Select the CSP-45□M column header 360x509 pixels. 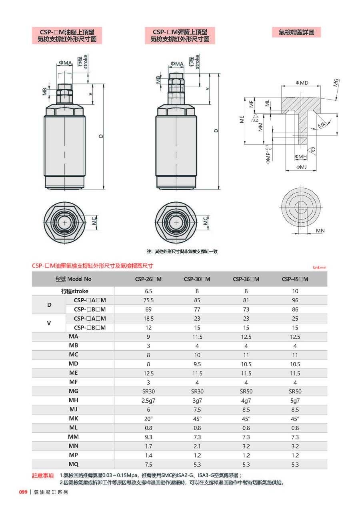point(295,279)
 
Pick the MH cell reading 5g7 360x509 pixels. point(295,400)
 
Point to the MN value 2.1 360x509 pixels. point(197,446)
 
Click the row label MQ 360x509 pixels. point(73,464)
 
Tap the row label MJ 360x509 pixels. point(73,409)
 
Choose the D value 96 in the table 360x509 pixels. point(295,300)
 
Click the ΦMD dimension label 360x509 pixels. point(302,83)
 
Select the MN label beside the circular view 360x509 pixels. point(320,231)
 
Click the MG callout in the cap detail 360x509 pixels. point(336,83)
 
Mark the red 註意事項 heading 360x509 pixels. point(43,475)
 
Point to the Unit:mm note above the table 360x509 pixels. point(320,267)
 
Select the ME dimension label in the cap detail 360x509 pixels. point(242,119)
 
